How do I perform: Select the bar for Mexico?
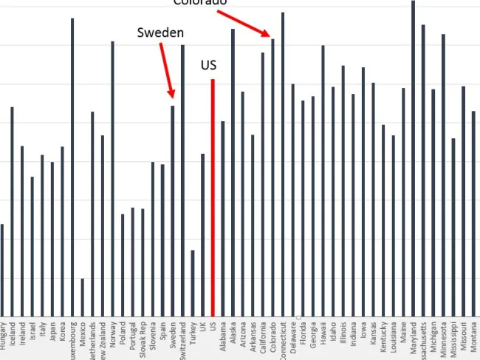[83, 297]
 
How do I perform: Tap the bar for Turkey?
[193, 283]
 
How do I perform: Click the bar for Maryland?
[413, 158]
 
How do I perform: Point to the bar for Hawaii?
[323, 181]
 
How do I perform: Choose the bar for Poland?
[123, 265]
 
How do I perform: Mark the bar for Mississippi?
[453, 227]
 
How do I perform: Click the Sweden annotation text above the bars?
[161, 33]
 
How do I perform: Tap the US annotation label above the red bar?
[209, 66]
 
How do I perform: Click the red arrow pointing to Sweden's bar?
[167, 70]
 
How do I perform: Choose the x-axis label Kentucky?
[383, 336]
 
